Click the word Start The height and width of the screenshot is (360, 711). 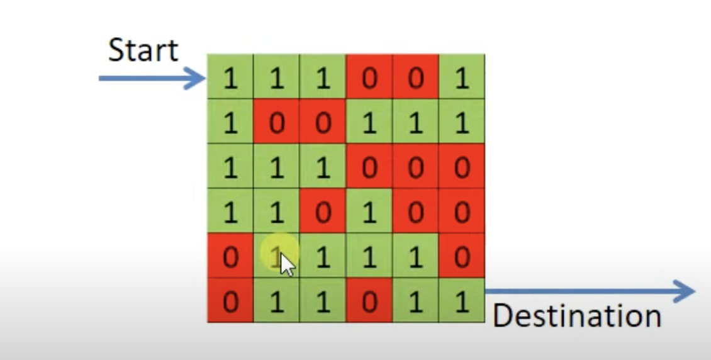(x=143, y=50)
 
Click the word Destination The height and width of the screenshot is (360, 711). (x=576, y=315)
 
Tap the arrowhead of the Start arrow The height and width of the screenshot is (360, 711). (x=198, y=79)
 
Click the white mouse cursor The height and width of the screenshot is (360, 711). (x=287, y=264)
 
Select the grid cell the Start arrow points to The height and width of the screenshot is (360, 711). (x=230, y=77)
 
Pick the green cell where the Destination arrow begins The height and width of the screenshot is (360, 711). (x=462, y=301)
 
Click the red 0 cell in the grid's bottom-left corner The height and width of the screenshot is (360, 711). (x=230, y=301)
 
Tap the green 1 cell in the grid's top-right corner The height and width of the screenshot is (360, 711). (x=462, y=77)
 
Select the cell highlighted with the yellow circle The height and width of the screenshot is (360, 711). (x=277, y=256)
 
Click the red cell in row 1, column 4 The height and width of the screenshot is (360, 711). (x=369, y=77)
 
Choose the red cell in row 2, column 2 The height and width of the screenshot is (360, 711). (x=277, y=121)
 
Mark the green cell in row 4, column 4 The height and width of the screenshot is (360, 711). (x=369, y=211)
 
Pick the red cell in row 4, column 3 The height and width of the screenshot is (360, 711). (x=323, y=211)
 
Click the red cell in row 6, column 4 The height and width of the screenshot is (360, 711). (x=369, y=301)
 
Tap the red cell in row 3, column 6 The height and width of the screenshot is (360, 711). (x=462, y=167)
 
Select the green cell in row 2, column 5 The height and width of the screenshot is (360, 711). (x=415, y=121)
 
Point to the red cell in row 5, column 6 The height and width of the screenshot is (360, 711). (x=462, y=256)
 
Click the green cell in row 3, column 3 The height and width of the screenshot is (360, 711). (x=323, y=167)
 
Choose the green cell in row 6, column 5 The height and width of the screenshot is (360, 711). (x=415, y=301)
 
